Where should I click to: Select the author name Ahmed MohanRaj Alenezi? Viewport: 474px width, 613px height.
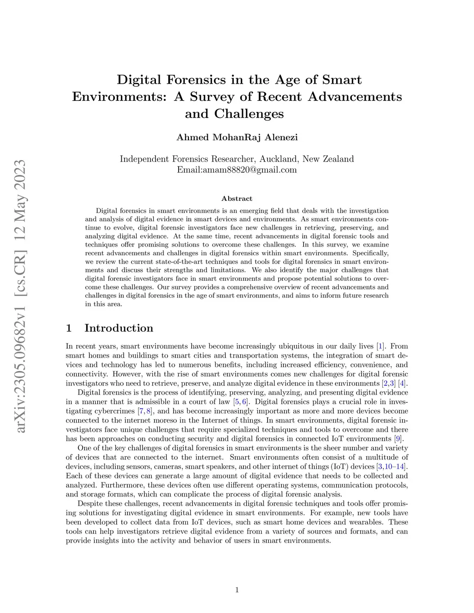(237, 137)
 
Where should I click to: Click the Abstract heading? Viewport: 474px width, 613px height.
(237, 198)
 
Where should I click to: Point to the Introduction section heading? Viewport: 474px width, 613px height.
(118, 328)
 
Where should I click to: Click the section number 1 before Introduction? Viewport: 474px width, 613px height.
(69, 328)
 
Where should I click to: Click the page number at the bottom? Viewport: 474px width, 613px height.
(237, 589)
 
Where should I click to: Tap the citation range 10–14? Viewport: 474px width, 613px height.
(397, 466)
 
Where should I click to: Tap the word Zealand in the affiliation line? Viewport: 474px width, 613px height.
(338, 159)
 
